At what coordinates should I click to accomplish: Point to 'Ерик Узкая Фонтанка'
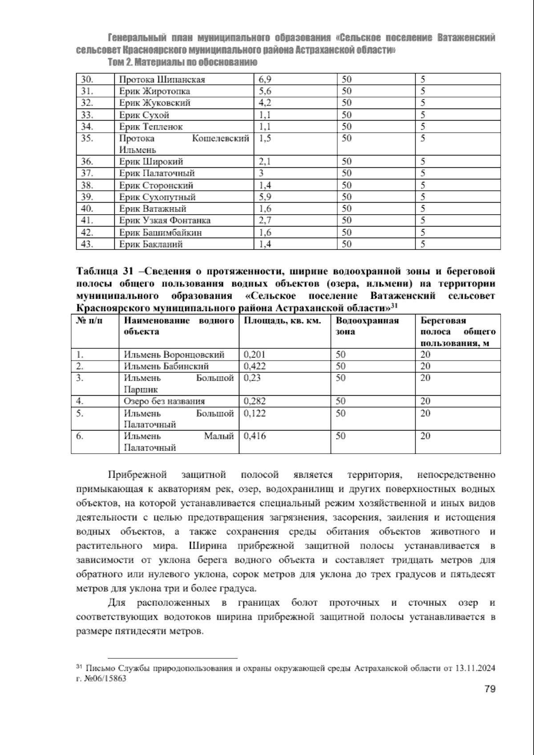[x=165, y=220]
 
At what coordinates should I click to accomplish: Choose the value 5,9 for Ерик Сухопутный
[x=265, y=197]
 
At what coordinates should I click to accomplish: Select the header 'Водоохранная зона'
[x=367, y=326]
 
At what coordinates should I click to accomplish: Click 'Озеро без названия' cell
[x=164, y=401]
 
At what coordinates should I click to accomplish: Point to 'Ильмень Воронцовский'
[x=174, y=355]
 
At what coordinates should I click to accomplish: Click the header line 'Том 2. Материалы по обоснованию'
[x=182, y=62]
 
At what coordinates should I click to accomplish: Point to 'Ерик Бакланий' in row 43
[x=151, y=244]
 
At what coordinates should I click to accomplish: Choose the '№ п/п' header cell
[x=90, y=321]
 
